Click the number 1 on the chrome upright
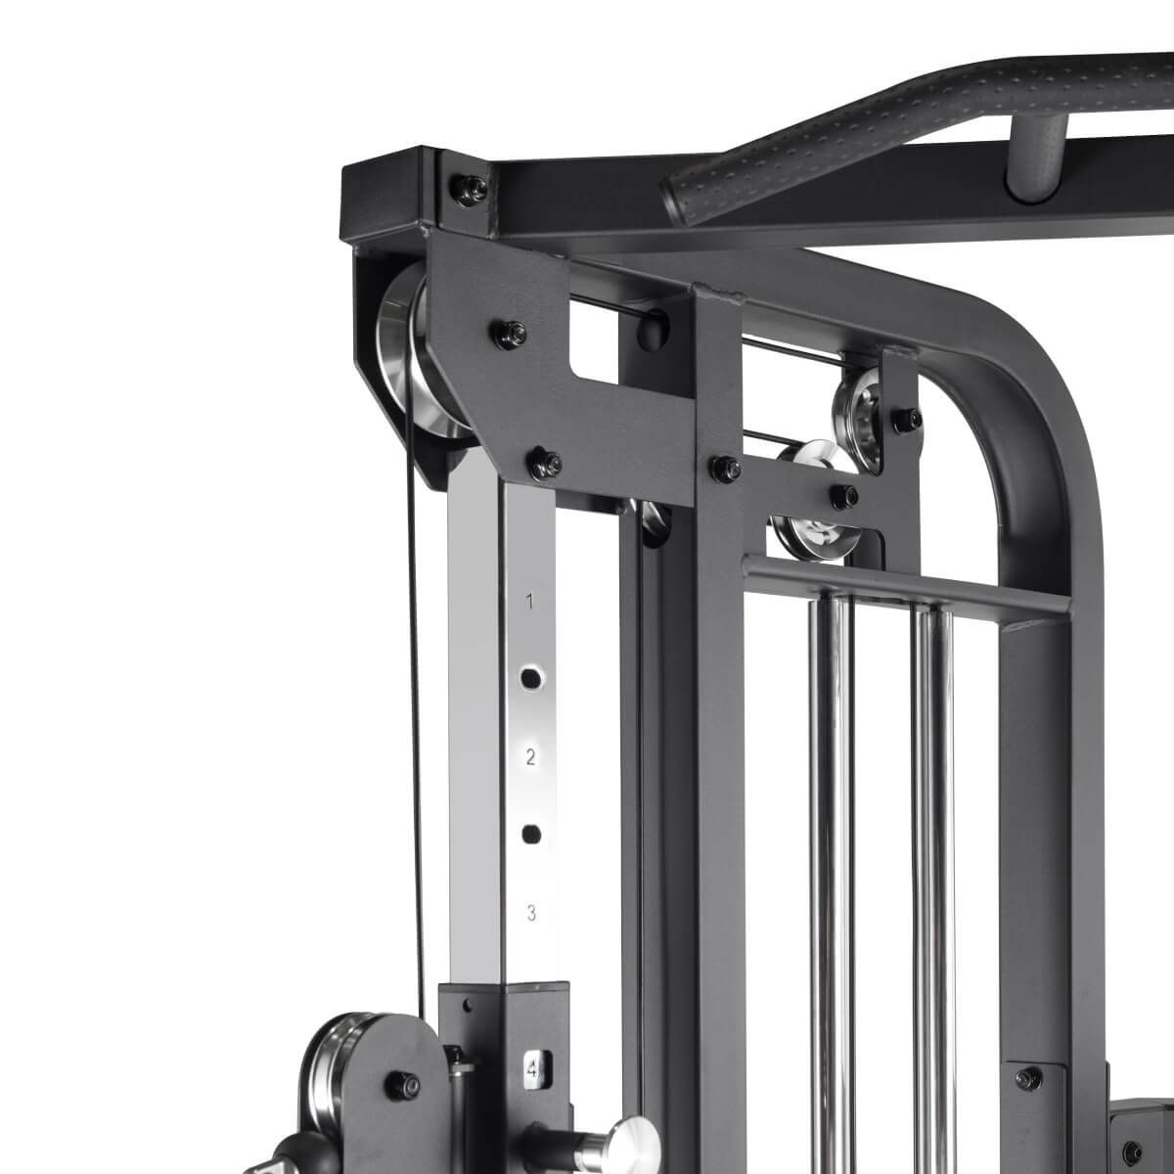coord(529,602)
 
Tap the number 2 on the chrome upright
coord(530,757)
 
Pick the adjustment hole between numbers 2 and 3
coord(532,835)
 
